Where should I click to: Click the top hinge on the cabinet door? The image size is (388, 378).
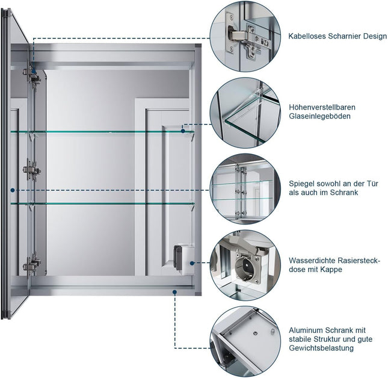point(31,79)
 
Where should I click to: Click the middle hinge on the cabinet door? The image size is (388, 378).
point(31,171)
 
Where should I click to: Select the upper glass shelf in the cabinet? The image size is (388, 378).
point(102,132)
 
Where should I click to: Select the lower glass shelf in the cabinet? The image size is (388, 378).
point(102,203)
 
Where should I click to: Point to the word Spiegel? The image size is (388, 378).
point(301,184)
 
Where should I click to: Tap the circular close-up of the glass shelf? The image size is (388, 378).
point(245,113)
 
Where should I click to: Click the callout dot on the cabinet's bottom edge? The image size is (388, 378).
point(174,291)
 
